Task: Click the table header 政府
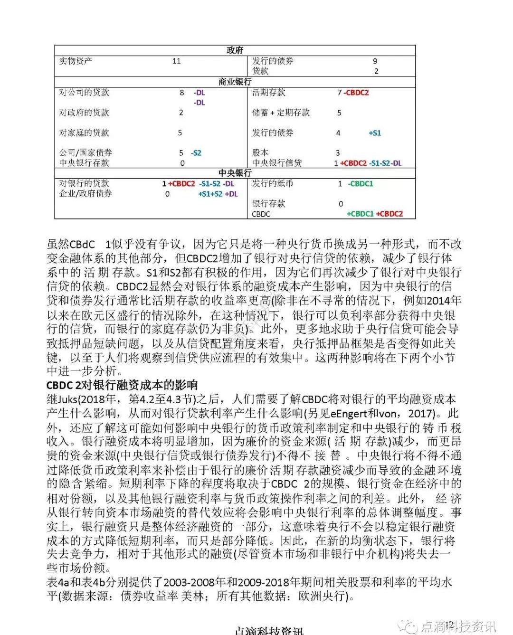click(235, 51)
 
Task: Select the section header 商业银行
click(235, 82)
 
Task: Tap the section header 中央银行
click(235, 173)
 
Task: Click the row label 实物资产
click(76, 61)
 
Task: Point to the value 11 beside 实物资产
click(176, 61)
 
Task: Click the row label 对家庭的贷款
click(84, 133)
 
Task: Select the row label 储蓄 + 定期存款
click(281, 113)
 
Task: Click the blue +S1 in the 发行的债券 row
click(375, 133)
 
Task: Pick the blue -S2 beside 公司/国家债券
click(196, 153)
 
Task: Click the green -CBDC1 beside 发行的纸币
click(361, 183)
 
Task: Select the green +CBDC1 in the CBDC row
click(360, 214)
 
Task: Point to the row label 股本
click(260, 153)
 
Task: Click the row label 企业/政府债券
click(85, 194)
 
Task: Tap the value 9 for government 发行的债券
click(375, 61)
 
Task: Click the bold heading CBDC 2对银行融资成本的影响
click(122, 384)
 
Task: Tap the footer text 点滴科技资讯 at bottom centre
click(269, 630)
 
